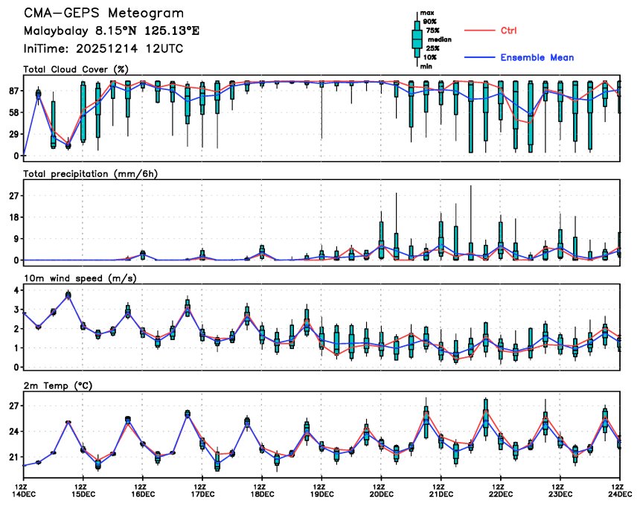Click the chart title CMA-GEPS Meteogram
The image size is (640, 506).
tap(103, 13)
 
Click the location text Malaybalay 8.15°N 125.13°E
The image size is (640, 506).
tap(112, 31)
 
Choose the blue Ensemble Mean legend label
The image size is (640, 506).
tap(537, 57)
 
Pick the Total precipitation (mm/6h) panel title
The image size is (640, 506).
tap(92, 173)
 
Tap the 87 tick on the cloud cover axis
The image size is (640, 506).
tap(13, 91)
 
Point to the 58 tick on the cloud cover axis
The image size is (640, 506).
tap(13, 112)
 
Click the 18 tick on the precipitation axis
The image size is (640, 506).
tap(13, 217)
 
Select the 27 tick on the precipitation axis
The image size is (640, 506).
tap(13, 196)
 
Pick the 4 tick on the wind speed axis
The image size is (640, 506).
tap(16, 289)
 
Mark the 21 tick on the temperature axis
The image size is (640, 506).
tap(13, 457)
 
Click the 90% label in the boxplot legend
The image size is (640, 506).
tap(429, 22)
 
